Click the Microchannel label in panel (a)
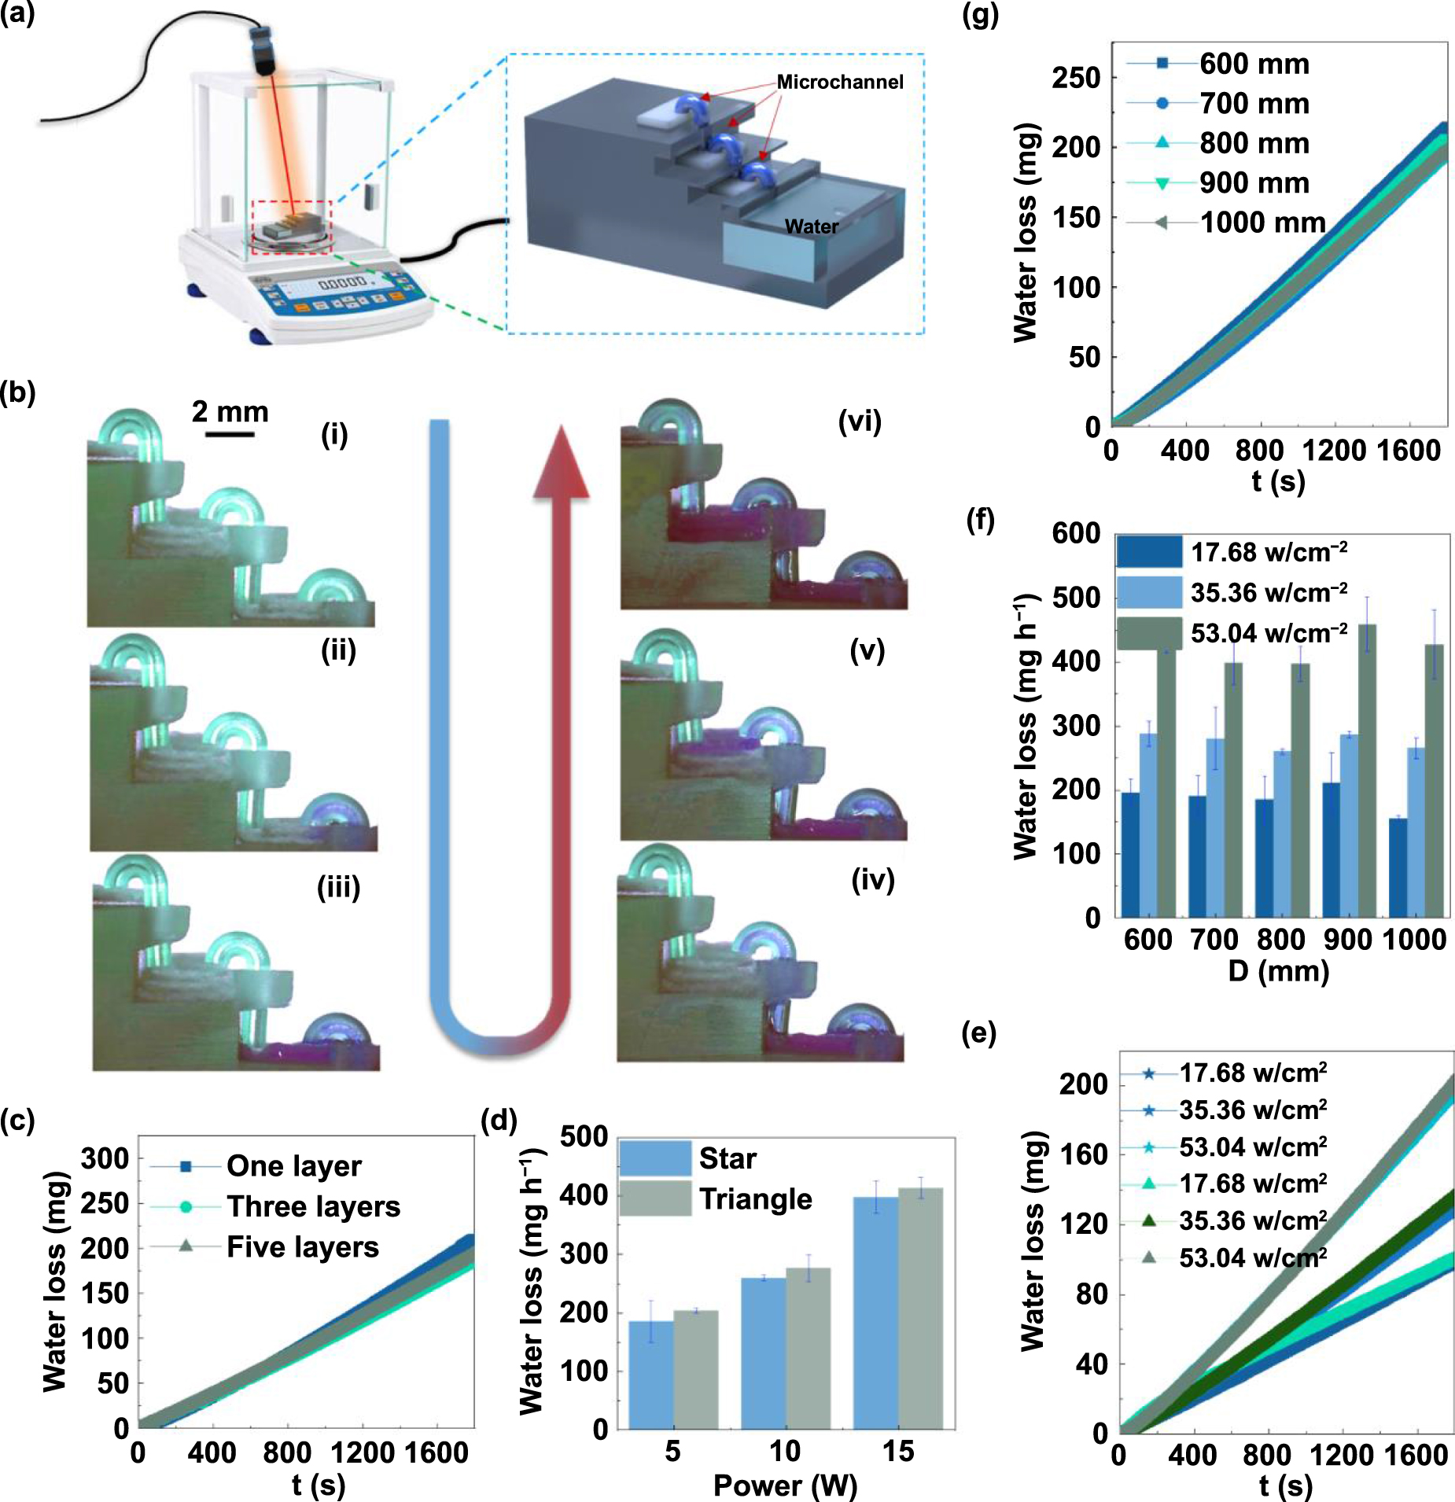(839, 82)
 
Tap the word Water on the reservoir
(811, 226)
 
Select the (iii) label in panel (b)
(338, 887)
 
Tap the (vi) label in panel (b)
(859, 422)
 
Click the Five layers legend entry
(302, 1247)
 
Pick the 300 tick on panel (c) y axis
(105, 1158)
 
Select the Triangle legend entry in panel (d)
(755, 1199)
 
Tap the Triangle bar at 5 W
(695, 1368)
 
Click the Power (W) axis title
(784, 1485)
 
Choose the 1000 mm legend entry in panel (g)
(1262, 223)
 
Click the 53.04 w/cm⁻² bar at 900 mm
(1367, 771)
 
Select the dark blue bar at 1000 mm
(1398, 867)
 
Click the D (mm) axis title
(1278, 971)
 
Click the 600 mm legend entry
(1254, 64)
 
